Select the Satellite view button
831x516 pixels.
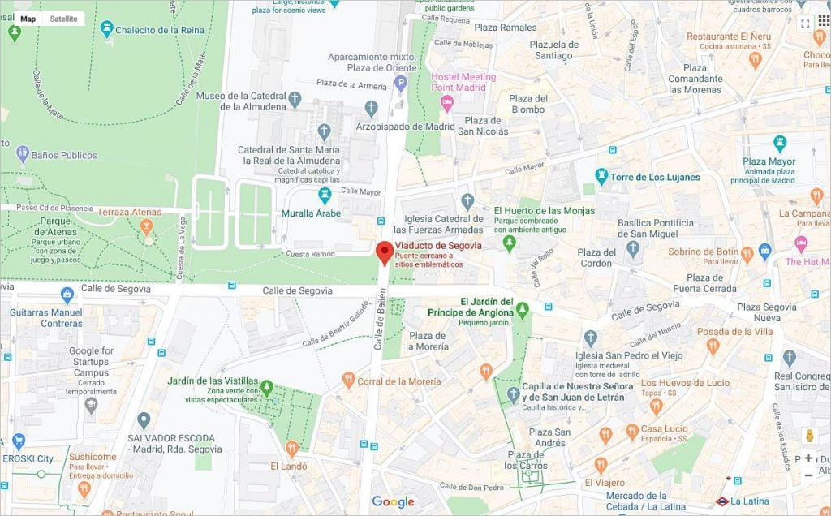[64, 18]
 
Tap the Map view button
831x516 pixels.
[28, 18]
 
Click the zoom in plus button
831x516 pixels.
[808, 458]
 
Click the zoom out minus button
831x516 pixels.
[808, 475]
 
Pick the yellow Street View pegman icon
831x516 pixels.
[808, 436]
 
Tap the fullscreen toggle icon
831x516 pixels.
[805, 23]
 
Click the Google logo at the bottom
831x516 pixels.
[394, 502]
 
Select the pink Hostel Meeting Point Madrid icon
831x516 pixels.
[446, 103]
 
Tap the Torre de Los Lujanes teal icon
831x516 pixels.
[601, 176]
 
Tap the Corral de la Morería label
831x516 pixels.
[398, 381]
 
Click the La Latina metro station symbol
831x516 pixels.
[722, 501]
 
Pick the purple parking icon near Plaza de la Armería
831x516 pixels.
[400, 83]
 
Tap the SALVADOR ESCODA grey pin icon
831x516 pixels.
[144, 420]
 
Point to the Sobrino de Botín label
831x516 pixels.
[703, 252]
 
